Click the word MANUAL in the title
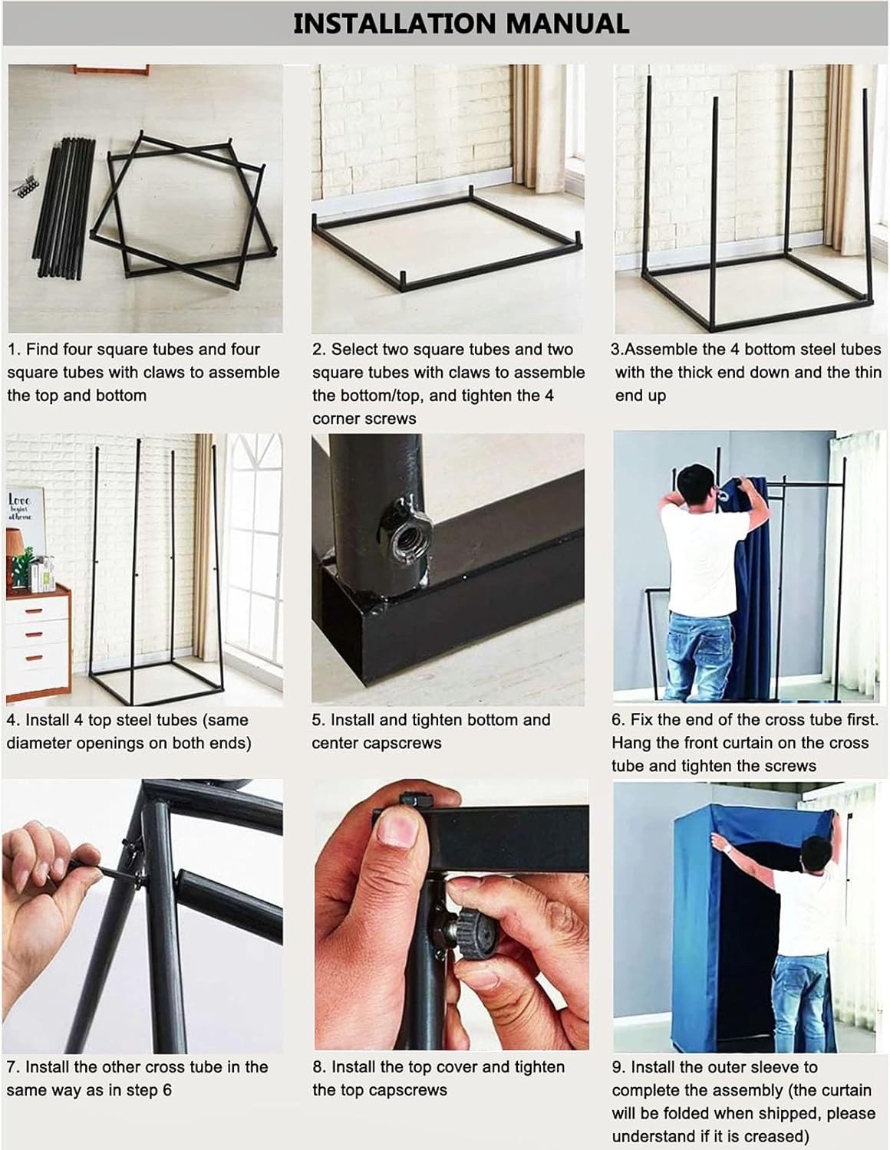[x=567, y=24]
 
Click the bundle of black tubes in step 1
[x=64, y=207]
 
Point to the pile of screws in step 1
[x=25, y=186]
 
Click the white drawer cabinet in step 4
[x=38, y=641]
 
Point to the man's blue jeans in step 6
[x=698, y=657]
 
